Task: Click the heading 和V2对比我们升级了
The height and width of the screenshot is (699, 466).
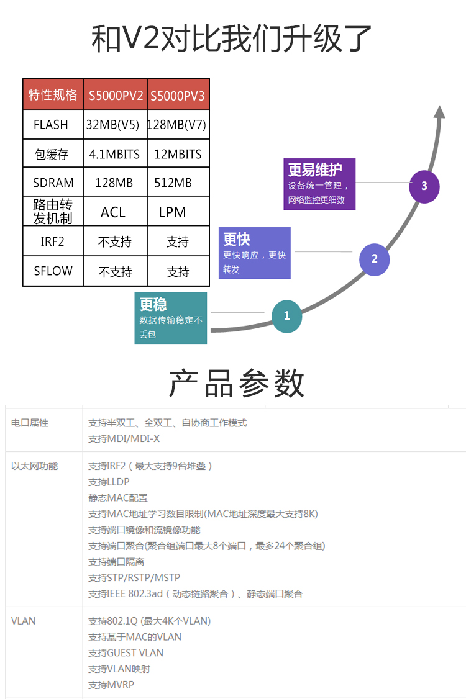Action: point(232,38)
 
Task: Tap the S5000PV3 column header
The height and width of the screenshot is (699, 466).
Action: point(178,96)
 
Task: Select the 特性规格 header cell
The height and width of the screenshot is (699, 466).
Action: point(53,95)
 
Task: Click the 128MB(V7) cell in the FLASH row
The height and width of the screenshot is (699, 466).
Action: point(177,125)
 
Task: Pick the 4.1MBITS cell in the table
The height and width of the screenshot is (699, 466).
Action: point(114,154)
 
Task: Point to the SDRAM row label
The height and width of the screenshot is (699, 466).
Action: point(53,183)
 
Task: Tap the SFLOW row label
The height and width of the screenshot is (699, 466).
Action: point(53,271)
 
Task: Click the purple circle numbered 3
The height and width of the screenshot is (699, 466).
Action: point(424,186)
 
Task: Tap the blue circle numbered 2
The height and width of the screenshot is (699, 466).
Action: point(374,259)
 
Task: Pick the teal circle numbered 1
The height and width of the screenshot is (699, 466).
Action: point(286,315)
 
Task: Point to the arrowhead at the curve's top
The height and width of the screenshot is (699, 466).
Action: point(439,112)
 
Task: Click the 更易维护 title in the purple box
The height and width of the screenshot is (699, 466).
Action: point(315,169)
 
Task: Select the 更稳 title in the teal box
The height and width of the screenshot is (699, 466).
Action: point(153,304)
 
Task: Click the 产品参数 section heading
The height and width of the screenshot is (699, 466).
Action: point(237,383)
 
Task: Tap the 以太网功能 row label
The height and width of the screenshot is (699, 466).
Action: point(35,466)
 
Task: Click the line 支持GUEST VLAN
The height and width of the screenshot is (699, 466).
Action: point(126,652)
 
